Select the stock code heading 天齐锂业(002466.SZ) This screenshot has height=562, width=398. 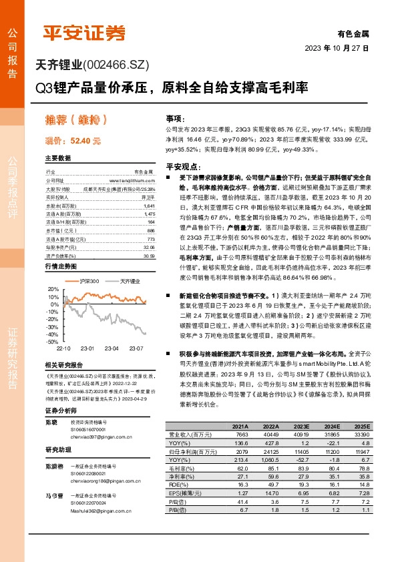[x=91, y=64]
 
